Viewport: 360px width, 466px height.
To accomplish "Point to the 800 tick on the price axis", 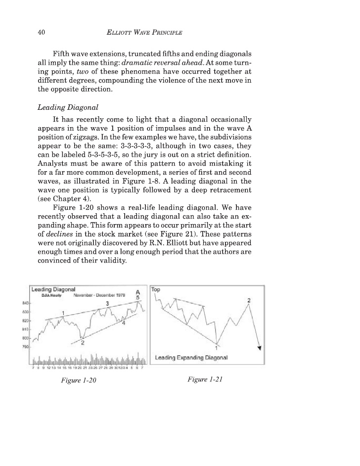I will [25, 337].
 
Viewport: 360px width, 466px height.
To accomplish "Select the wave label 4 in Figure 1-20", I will [124, 322].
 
